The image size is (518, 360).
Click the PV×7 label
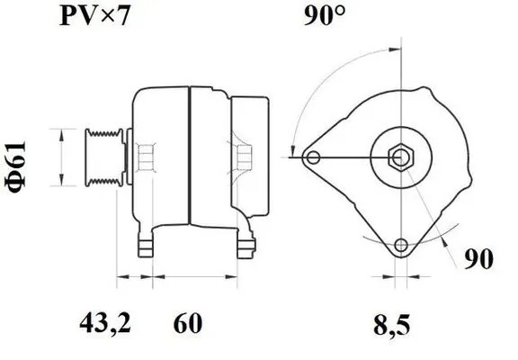point(94,16)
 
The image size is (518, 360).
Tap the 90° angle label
point(324,15)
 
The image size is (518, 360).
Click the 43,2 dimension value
point(105,323)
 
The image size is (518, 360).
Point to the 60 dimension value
point(187,323)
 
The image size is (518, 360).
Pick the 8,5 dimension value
point(392,325)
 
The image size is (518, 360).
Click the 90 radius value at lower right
point(478,259)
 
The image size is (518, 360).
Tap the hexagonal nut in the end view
point(401,157)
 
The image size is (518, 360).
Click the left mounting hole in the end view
point(313,157)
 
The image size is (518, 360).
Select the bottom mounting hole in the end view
point(401,245)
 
